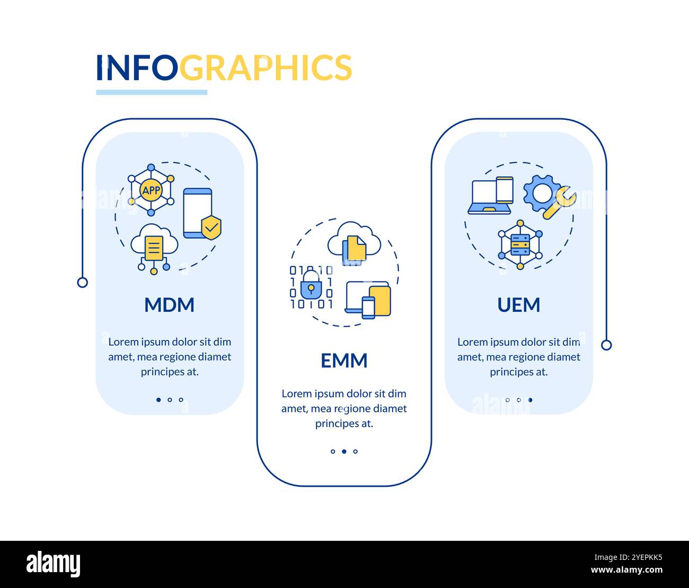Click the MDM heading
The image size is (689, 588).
coord(169,305)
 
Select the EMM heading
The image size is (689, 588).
coord(344,361)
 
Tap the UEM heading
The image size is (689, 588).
coord(518,305)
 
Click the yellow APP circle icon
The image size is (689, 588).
coord(151,190)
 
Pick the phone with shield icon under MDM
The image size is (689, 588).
coord(198,213)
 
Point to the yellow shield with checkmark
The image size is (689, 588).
coord(211,227)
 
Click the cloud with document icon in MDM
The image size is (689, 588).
coord(154,247)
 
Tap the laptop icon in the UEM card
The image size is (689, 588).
coord(489,197)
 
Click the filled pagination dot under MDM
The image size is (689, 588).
coord(158,400)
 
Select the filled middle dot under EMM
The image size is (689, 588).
coord(344,452)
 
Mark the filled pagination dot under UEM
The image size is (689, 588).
coord(530,400)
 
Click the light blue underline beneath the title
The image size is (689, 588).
coord(152,92)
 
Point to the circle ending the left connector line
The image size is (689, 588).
coord(82,282)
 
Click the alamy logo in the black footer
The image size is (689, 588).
coord(53,564)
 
